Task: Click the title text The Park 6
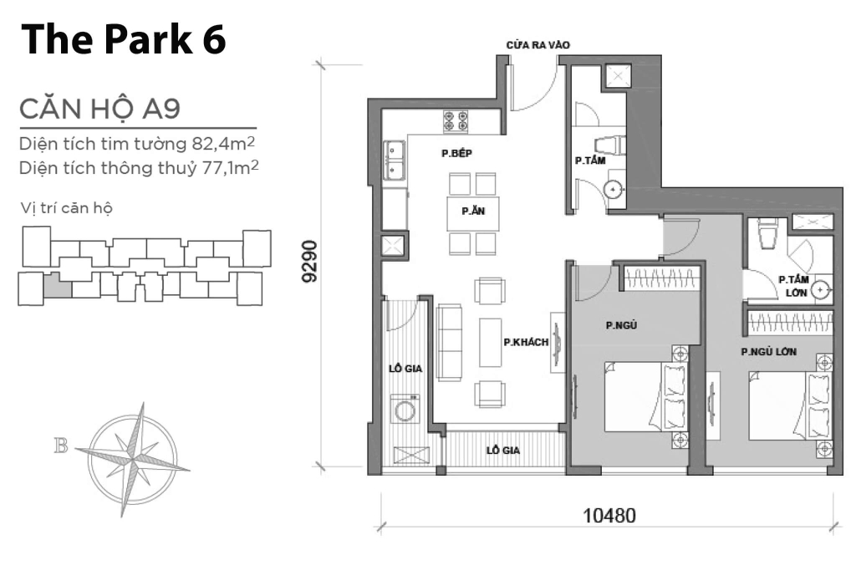[x=123, y=41]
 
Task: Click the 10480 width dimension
[x=609, y=516]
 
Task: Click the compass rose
[x=133, y=447]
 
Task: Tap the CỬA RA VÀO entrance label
[x=538, y=46]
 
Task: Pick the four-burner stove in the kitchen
[x=456, y=121]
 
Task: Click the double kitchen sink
[x=395, y=161]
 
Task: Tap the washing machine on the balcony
[x=405, y=410]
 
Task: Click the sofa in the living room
[x=450, y=342]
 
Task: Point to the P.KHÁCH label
[x=526, y=342]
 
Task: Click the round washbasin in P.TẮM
[x=615, y=189]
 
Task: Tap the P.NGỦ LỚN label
[x=767, y=353]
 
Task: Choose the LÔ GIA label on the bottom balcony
[x=504, y=450]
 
